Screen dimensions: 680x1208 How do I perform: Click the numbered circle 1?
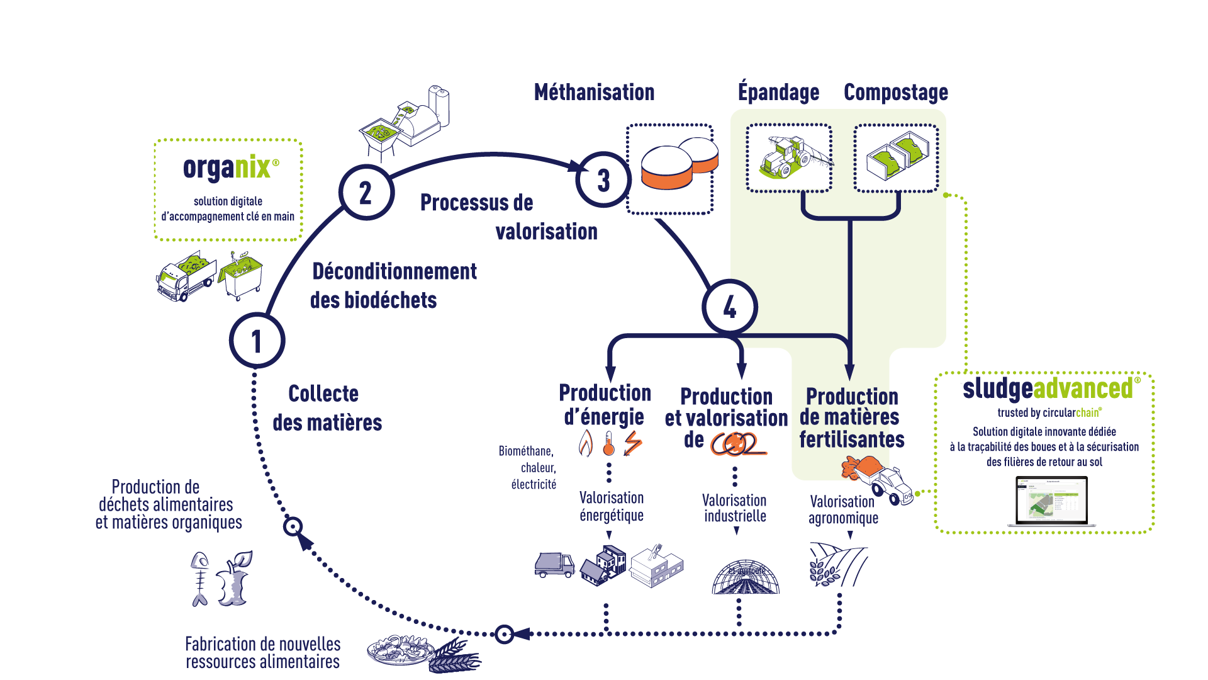[257, 341]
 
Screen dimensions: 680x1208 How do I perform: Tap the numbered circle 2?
[366, 193]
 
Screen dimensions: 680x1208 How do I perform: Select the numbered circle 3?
[603, 180]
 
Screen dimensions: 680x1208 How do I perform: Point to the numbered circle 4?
[729, 307]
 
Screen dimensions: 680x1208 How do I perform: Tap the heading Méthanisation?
[594, 93]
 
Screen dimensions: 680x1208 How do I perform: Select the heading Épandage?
[778, 93]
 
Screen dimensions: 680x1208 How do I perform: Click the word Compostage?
[895, 93]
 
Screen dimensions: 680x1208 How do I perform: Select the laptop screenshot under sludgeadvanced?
[1051, 501]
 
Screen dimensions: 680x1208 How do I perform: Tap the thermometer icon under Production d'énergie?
[608, 443]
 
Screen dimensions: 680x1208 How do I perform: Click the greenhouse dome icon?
[745, 576]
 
